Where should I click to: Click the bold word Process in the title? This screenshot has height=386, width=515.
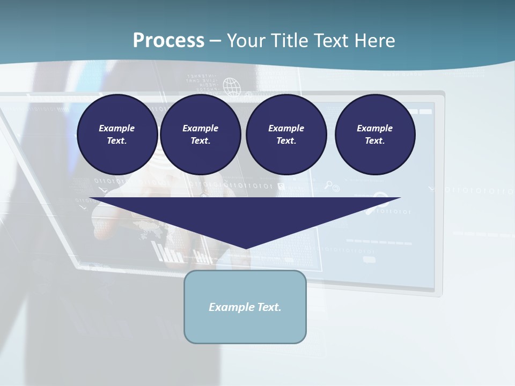pyautogui.click(x=168, y=41)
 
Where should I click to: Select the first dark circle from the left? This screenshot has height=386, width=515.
pyautogui.click(x=117, y=134)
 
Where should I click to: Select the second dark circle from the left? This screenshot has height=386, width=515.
pyautogui.click(x=200, y=134)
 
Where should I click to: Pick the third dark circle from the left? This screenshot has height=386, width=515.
pyautogui.click(x=286, y=134)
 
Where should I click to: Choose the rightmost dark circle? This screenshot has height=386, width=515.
pyautogui.click(x=374, y=134)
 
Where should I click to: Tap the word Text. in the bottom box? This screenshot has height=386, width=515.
pyautogui.click(x=268, y=307)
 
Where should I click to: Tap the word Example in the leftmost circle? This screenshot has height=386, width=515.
pyautogui.click(x=117, y=128)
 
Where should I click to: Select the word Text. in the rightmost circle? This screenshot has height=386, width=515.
pyautogui.click(x=374, y=140)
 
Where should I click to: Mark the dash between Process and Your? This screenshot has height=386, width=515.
pyautogui.click(x=216, y=41)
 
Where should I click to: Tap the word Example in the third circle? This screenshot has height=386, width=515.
pyautogui.click(x=286, y=128)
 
